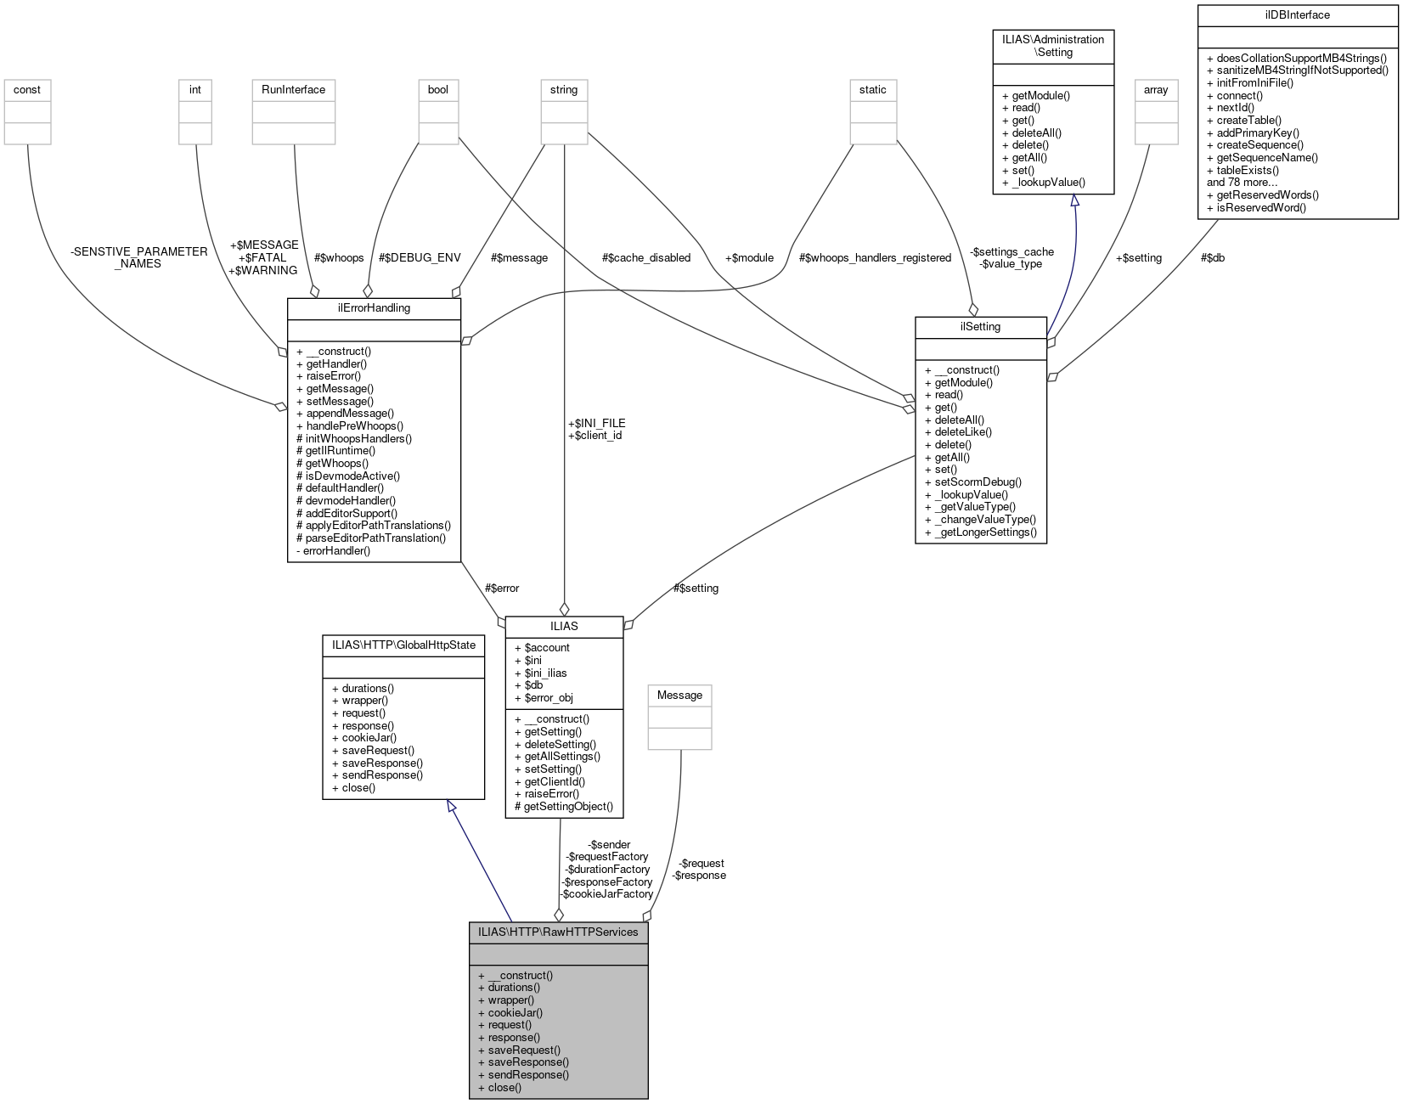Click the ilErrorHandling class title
tap(374, 308)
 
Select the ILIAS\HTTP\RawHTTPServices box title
tap(558, 932)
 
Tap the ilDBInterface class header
tap(1297, 15)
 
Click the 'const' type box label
tap(27, 90)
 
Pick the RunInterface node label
tap(293, 90)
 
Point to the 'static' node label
tap(872, 90)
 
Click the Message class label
tap(679, 696)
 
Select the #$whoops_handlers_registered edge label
tap(875, 258)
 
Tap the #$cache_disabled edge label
tap(645, 258)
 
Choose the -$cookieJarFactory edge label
tap(606, 894)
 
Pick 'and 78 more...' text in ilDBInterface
tap(1242, 183)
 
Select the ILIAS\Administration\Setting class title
tap(1053, 46)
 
